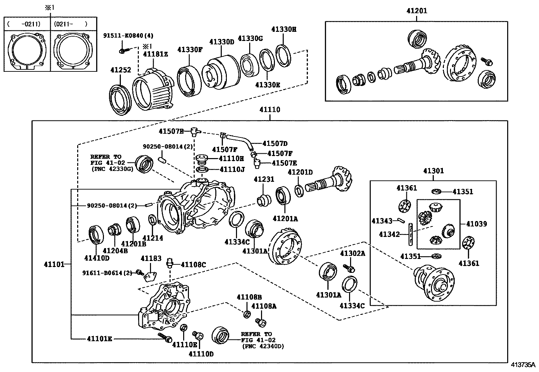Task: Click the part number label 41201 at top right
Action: (x=417, y=11)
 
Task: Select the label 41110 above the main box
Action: (x=270, y=110)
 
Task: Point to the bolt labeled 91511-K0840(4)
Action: (x=123, y=51)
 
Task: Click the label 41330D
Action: (x=222, y=42)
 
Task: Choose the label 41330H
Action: (x=284, y=29)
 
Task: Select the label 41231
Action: (x=264, y=179)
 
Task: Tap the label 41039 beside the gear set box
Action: (x=476, y=224)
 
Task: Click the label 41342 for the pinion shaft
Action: (x=389, y=234)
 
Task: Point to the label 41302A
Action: (x=352, y=253)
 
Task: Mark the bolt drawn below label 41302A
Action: (x=350, y=268)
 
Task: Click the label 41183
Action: (x=151, y=259)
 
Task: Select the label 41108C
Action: (x=193, y=265)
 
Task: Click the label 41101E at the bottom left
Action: (x=99, y=338)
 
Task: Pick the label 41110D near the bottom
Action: (x=201, y=354)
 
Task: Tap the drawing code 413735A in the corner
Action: (x=523, y=365)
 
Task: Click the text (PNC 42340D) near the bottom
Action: (x=263, y=346)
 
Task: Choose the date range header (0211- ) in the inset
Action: (x=70, y=24)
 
